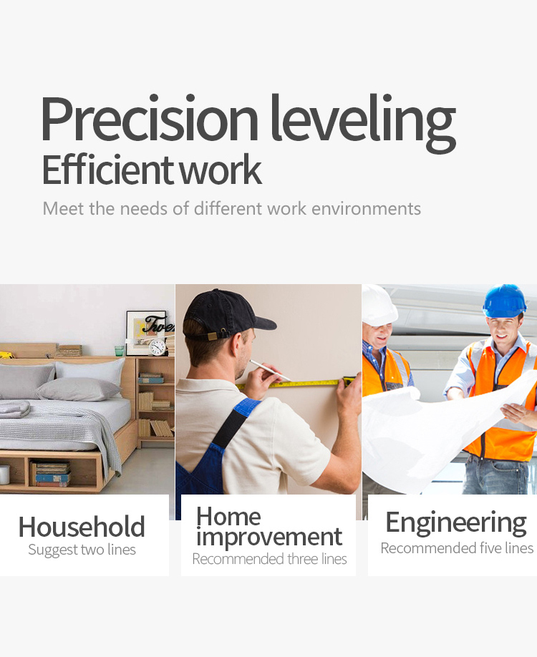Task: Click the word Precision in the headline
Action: [150, 119]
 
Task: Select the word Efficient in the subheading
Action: [107, 170]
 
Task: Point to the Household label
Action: [82, 527]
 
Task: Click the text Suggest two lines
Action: [82, 550]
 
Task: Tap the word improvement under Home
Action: [269, 537]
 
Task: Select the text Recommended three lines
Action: [269, 559]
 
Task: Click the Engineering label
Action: [455, 523]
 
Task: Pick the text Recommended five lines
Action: [457, 548]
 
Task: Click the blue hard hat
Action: [505, 301]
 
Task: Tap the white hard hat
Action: [379, 305]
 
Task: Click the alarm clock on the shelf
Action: [158, 347]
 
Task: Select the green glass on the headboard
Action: [120, 351]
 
